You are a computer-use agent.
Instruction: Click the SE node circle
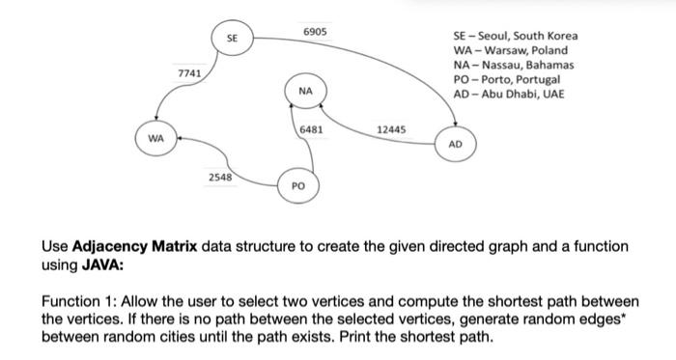click(x=232, y=39)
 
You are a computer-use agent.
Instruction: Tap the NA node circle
click(x=305, y=91)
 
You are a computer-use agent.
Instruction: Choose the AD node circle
click(x=456, y=144)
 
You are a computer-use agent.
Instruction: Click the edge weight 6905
click(x=315, y=32)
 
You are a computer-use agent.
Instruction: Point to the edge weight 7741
click(x=189, y=74)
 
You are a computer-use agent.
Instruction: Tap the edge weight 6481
click(x=311, y=128)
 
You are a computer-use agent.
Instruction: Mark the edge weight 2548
click(x=221, y=179)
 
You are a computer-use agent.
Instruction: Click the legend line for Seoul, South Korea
click(x=509, y=36)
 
